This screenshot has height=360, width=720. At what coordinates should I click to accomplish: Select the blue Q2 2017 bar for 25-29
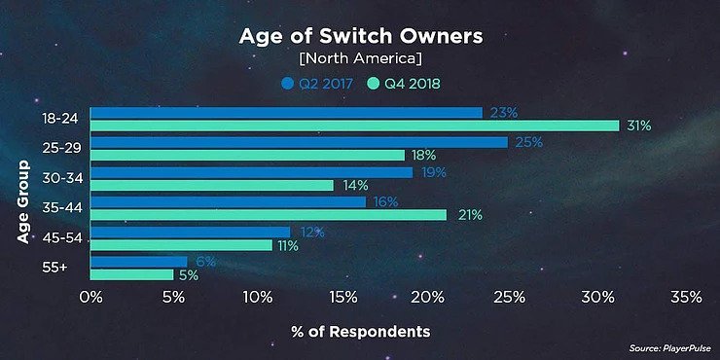point(299,142)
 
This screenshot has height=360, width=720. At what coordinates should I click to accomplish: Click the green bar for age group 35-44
point(269,215)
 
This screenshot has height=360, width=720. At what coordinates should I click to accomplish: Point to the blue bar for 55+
point(138,261)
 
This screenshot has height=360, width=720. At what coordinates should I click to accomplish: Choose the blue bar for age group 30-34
point(251,172)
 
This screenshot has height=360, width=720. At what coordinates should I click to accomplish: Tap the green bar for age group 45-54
point(181,245)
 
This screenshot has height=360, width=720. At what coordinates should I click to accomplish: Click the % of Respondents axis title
point(360,332)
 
